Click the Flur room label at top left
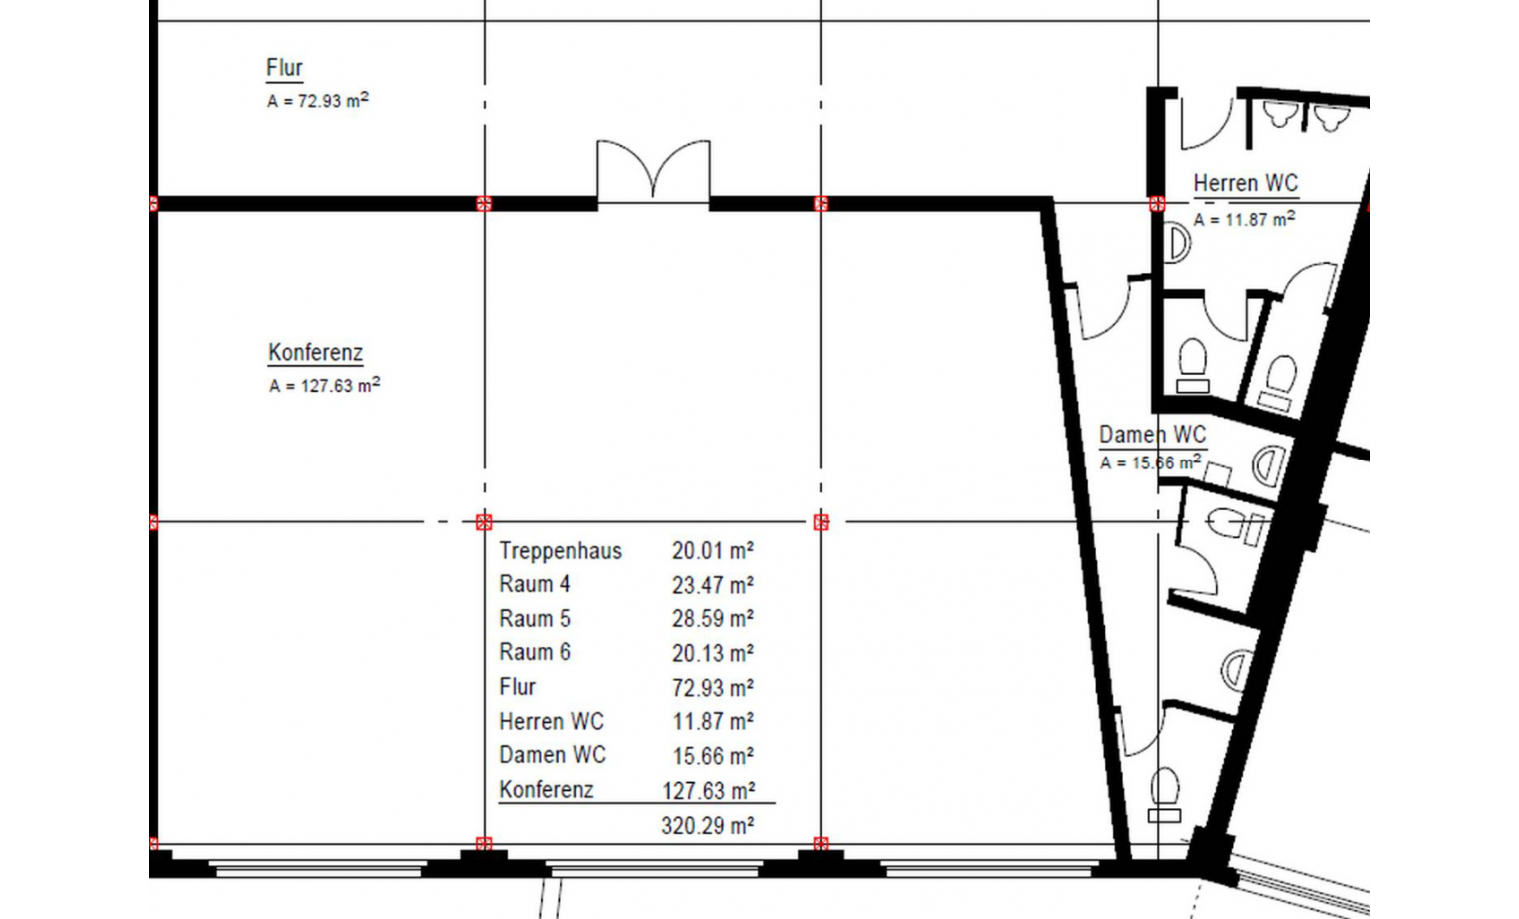284,68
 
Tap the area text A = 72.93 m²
318,100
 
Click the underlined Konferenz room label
316,353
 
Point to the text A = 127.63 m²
324,385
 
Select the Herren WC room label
1246,183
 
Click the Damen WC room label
1153,435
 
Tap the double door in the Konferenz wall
653,170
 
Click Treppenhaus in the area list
560,551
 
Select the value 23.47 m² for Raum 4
712,585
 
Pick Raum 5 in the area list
535,618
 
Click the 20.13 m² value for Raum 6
712,653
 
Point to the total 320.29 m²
707,826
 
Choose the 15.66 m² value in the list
713,756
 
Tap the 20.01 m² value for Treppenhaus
712,551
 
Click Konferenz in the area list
546,790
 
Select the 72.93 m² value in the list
712,688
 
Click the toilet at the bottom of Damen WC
1164,794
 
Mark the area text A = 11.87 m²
1244,219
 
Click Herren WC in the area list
551,722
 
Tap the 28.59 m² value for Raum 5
712,619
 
